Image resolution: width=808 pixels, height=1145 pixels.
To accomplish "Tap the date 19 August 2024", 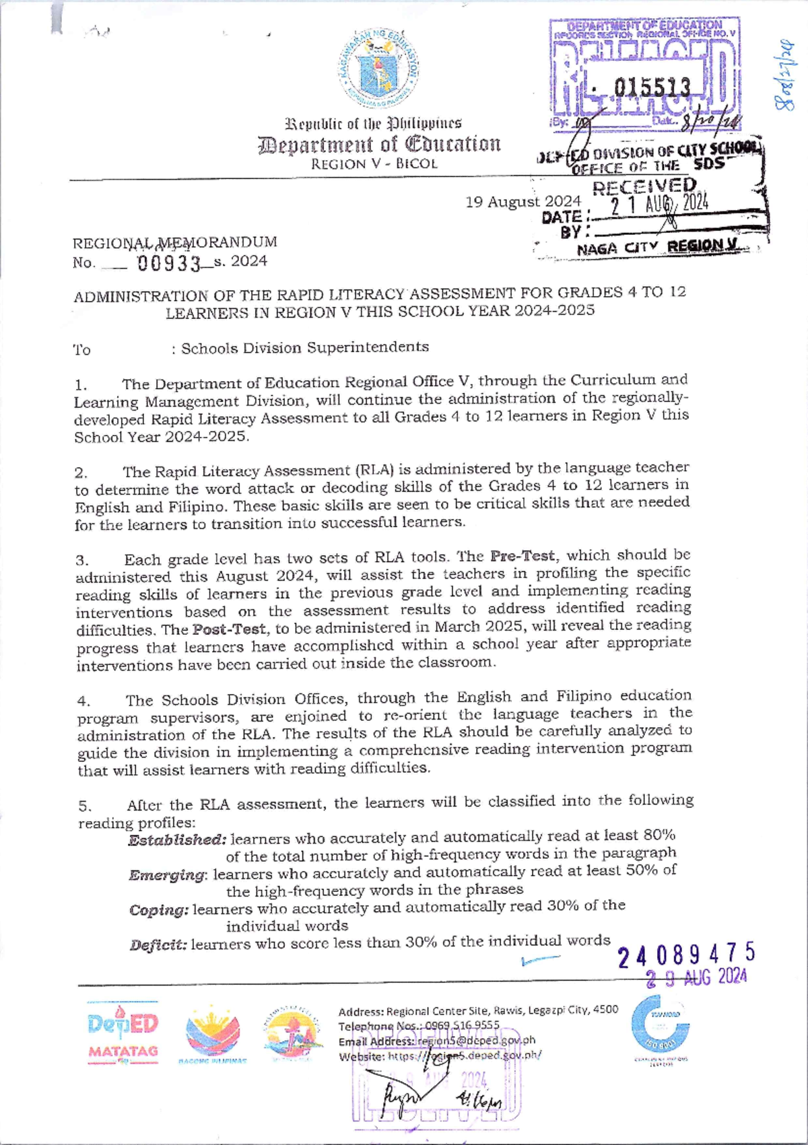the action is [523, 201].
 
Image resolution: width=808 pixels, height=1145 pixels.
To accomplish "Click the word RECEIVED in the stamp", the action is [644, 186].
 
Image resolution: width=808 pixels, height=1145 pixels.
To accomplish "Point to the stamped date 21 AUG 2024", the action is [659, 204].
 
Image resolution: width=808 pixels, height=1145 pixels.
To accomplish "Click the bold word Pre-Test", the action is [523, 557].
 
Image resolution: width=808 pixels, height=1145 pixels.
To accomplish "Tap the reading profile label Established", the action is [176, 840].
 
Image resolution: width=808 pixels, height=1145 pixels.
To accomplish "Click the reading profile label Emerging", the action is [168, 875].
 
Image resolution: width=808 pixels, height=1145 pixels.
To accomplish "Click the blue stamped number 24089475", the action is [686, 955].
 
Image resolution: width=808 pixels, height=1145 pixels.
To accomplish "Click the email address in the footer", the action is [475, 1041].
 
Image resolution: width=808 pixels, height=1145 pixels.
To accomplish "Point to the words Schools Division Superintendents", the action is [304, 348].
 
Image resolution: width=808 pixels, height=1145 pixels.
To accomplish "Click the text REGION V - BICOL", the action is [374, 164].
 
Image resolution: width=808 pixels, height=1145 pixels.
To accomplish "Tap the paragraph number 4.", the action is [81, 702].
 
